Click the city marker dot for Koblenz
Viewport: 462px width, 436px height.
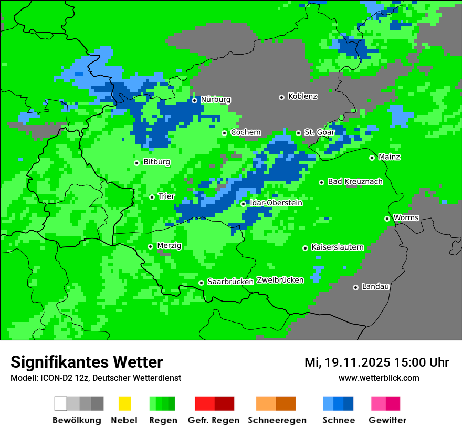click(281, 97)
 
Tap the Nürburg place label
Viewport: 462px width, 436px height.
click(215, 100)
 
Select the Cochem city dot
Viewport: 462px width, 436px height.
click(224, 133)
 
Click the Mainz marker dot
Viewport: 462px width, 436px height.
click(372, 158)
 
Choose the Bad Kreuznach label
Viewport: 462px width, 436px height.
click(355, 182)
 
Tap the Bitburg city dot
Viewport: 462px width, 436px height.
click(136, 163)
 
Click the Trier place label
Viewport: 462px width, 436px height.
click(166, 196)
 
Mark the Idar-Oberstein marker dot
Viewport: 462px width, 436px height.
click(243, 204)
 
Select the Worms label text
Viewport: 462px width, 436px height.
click(406, 218)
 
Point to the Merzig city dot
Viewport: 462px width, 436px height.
click(150, 246)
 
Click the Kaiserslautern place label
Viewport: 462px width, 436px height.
click(338, 247)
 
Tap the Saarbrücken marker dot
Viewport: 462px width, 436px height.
click(201, 283)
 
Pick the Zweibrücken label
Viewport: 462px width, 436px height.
click(280, 281)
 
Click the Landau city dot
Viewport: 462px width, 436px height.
click(355, 287)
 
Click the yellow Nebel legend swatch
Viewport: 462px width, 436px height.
click(124, 403)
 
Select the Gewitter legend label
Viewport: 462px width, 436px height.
click(387, 420)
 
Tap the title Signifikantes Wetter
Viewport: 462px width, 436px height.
click(87, 362)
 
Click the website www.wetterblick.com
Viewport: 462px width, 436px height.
click(379, 378)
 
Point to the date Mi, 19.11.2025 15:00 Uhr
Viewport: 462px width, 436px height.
click(376, 362)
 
